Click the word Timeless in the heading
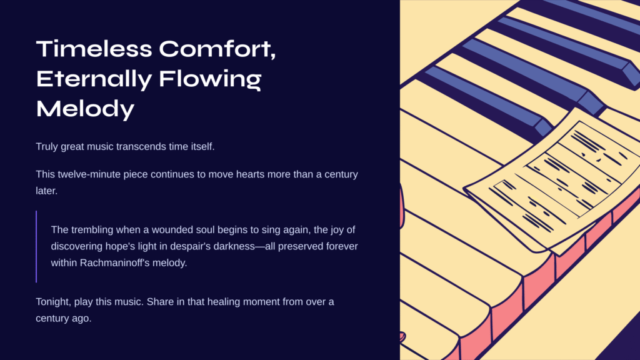coord(94,49)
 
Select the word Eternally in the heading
coord(94,79)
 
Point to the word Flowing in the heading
coord(210,79)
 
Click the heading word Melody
coord(85,109)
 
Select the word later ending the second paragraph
coord(46,191)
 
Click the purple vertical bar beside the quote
coord(36,246)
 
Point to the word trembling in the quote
coord(92,230)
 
